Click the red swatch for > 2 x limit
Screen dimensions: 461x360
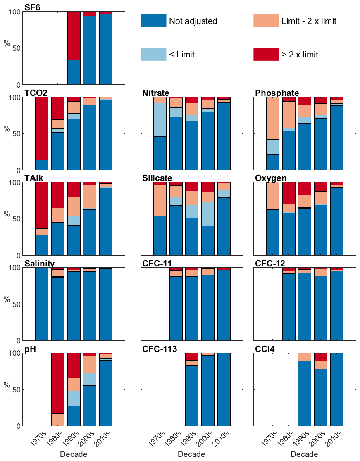266,54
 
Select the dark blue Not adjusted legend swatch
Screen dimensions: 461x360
153,21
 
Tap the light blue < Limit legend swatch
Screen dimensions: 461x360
153,54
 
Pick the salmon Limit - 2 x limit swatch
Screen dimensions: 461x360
266,21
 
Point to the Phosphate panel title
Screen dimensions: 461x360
277,93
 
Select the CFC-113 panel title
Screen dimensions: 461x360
160,349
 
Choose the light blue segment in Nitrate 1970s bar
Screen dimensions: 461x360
160,120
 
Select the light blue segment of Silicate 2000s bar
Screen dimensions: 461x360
208,214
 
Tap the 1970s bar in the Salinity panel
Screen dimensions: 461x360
41,304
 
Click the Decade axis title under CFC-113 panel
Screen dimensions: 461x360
192,454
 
